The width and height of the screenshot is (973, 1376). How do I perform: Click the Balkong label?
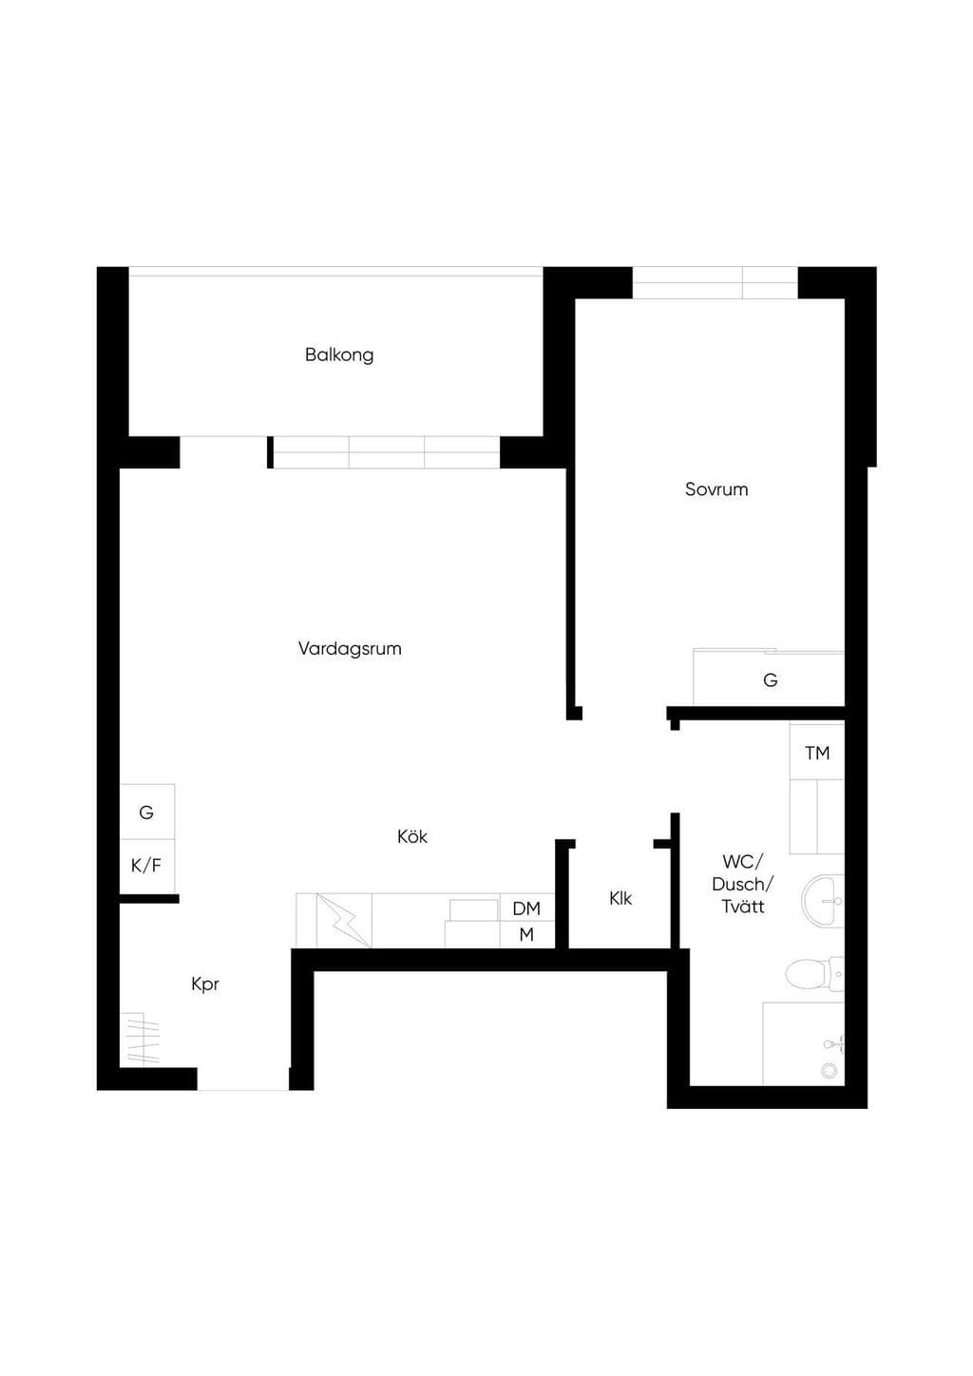[x=339, y=355]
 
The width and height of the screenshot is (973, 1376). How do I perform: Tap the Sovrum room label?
[x=716, y=489]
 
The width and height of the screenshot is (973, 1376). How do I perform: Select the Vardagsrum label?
[x=350, y=649]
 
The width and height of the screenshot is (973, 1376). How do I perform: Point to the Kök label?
[x=412, y=836]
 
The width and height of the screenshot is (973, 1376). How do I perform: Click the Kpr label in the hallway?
[x=205, y=984]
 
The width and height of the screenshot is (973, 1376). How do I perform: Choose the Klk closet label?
[x=620, y=899]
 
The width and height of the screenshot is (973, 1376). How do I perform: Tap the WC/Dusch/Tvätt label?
[x=743, y=884]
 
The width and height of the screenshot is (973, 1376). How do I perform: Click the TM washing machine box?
[x=817, y=753]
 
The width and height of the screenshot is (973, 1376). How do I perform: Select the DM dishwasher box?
[x=526, y=908]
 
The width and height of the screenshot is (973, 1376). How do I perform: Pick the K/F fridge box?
[x=147, y=866]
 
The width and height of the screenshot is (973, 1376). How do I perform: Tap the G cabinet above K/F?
[x=147, y=812]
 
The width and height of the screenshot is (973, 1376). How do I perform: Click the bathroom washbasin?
[x=822, y=901]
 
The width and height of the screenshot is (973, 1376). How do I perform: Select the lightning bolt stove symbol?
[x=343, y=920]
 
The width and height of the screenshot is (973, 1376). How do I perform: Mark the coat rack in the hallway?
[x=140, y=1038]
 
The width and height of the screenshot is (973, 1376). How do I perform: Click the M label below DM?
[x=526, y=934]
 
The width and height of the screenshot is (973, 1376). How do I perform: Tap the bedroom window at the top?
[x=715, y=282]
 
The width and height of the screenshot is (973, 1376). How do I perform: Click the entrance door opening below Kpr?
[x=242, y=1080]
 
